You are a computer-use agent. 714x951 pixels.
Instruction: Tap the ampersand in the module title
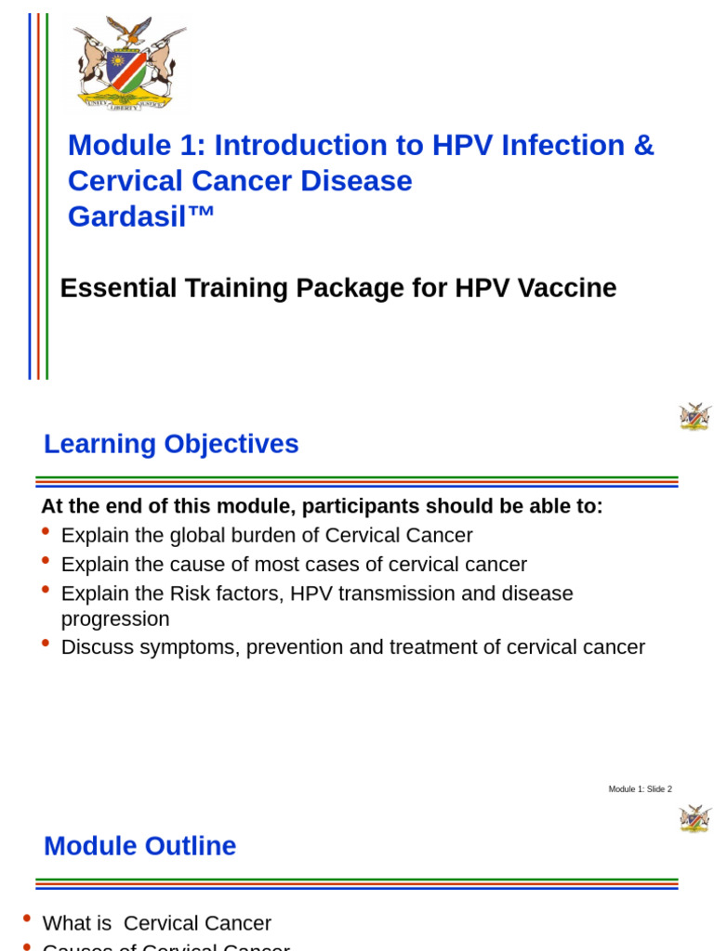coord(644,146)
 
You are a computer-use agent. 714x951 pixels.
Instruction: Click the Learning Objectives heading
coord(171,444)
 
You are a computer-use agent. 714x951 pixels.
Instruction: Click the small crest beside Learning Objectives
coord(694,416)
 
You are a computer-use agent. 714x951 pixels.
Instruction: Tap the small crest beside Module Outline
coord(694,818)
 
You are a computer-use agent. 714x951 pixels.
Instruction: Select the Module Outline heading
coord(139,846)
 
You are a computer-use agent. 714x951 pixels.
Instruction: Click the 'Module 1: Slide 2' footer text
coord(640,789)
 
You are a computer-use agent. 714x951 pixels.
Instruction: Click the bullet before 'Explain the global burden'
coord(46,531)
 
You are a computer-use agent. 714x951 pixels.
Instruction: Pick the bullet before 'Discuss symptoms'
coord(46,643)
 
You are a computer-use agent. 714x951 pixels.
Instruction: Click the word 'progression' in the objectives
coord(115,619)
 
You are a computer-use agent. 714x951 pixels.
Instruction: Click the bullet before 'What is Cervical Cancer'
coord(27,918)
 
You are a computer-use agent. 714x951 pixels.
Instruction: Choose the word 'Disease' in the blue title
coord(355,181)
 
